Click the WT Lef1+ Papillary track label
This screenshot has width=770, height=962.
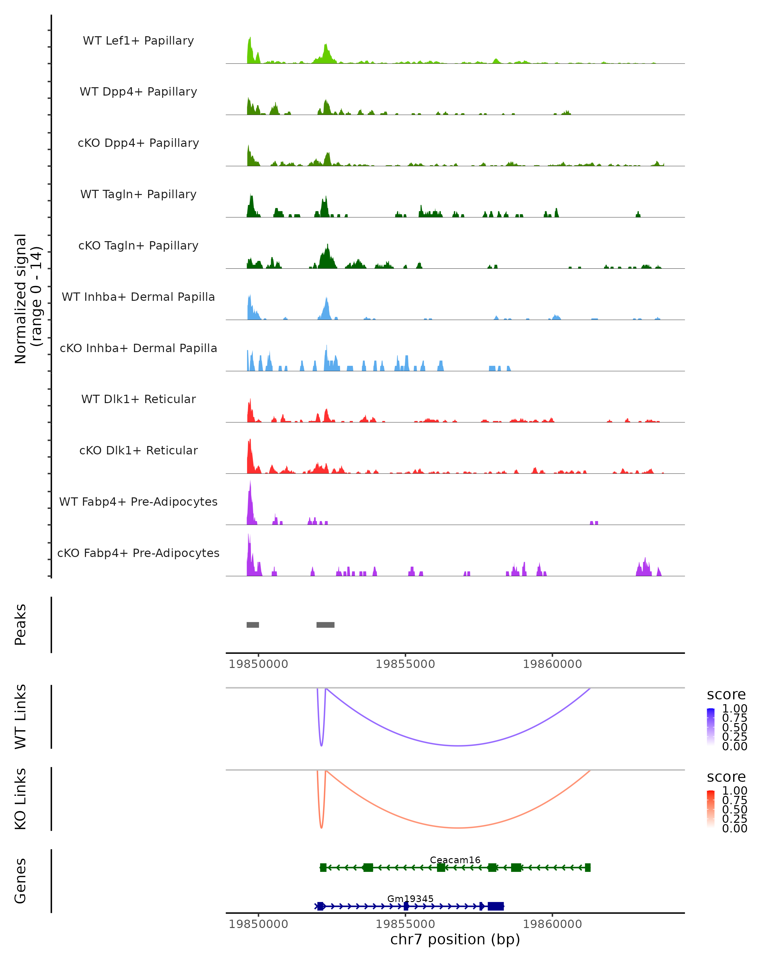[x=138, y=41]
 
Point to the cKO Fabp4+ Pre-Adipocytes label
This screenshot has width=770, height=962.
[x=138, y=553]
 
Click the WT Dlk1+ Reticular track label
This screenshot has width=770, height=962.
[x=138, y=399]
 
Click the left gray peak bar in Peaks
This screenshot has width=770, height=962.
[x=252, y=625]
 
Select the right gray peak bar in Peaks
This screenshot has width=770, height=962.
[x=325, y=625]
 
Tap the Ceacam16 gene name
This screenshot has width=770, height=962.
[x=455, y=860]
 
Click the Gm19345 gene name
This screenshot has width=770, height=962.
[x=410, y=899]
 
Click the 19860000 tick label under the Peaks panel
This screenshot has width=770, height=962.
[x=552, y=664]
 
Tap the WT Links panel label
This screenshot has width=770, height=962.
[x=21, y=717]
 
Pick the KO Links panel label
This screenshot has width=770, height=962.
[x=21, y=799]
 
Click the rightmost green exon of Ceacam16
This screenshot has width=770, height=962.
[x=587, y=867]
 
